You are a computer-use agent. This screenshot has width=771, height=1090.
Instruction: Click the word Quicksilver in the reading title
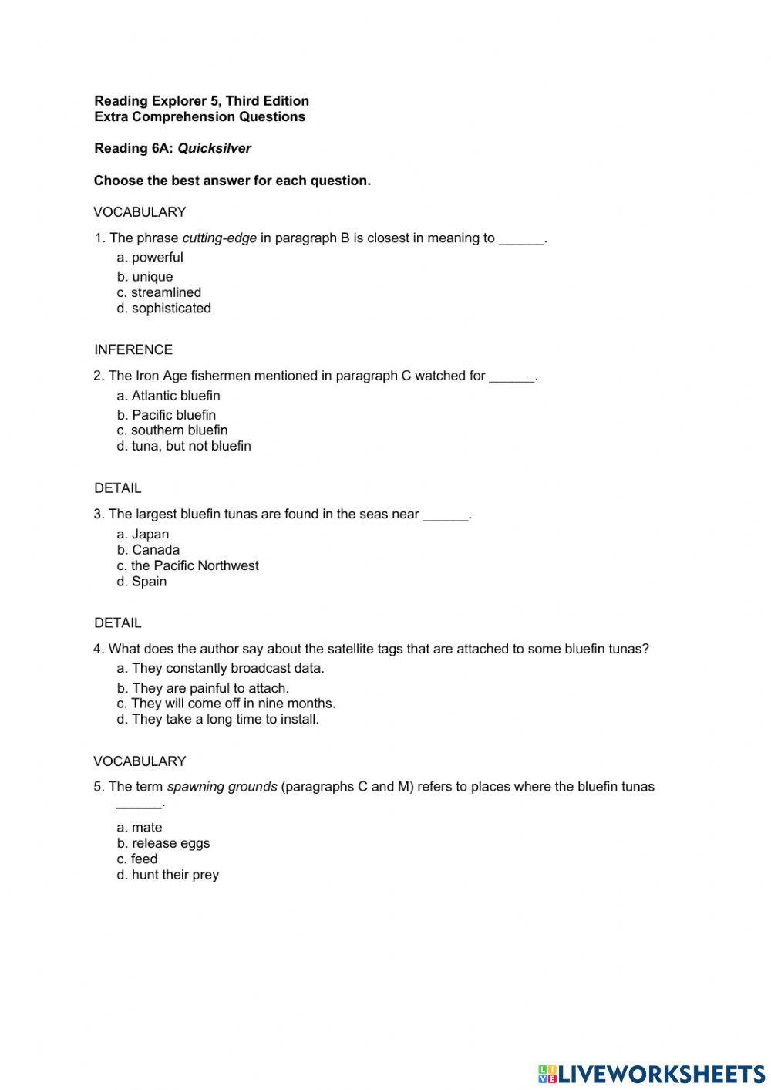coord(214,148)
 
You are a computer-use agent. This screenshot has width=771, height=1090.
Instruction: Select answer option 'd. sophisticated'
coord(163,308)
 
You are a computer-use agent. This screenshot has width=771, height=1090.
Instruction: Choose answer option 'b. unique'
coord(145,276)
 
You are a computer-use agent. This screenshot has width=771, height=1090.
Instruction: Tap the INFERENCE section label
coord(133,349)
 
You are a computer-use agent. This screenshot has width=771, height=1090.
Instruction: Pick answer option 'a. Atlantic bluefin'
coord(168,396)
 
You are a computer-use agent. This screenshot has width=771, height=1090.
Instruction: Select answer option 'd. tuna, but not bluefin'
coord(183,446)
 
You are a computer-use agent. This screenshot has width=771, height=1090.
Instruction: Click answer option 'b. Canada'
coord(148,550)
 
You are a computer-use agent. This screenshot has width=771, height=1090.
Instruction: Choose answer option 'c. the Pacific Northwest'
coord(187,565)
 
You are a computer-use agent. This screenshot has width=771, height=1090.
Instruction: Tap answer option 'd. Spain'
coord(142,582)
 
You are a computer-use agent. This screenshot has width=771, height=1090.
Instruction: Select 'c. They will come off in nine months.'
coord(226,704)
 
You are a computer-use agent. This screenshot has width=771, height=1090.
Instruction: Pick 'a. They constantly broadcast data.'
coord(221,669)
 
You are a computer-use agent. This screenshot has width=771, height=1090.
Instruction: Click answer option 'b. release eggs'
coord(163,843)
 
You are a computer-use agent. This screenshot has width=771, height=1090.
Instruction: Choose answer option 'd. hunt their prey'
coord(167,875)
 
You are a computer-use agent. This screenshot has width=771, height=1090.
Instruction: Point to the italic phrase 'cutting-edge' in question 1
coord(220,238)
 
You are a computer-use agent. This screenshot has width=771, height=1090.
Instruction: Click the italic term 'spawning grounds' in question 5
coord(222,787)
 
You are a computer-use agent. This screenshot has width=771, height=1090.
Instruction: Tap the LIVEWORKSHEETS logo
coord(651,1074)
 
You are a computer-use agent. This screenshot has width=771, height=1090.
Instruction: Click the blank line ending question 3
coord(446,515)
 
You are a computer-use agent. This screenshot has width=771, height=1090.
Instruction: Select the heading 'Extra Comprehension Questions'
coord(200,116)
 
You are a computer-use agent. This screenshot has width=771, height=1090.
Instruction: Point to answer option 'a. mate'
coord(140,828)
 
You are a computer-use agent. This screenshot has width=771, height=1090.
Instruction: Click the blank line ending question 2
coord(512,377)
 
